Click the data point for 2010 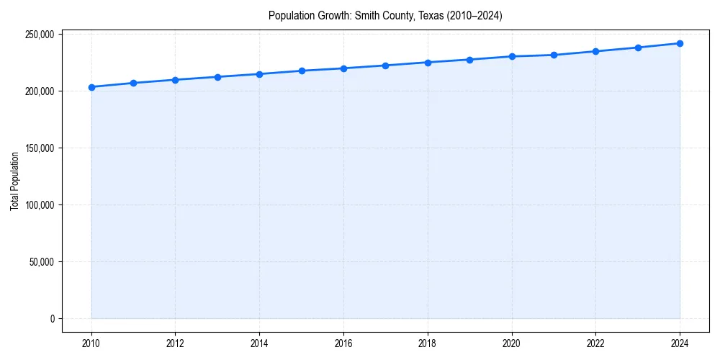91,87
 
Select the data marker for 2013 217,77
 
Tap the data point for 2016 343,68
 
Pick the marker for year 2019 469,60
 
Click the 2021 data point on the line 554,55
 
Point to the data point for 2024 680,43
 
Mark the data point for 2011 133,83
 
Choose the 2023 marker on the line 638,48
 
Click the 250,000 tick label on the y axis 40,35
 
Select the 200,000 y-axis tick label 40,91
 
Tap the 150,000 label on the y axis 40,148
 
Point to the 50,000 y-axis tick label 42,262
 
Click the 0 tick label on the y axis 53,319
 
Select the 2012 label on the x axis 175,343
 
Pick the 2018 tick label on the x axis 428,343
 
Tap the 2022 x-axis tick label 595,343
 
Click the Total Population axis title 14,181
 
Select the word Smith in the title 367,15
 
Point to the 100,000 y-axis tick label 40,205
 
